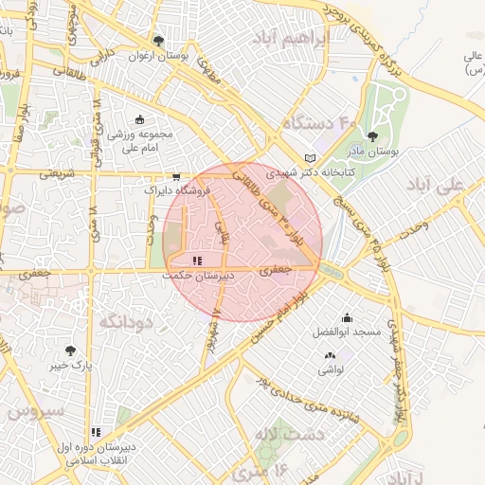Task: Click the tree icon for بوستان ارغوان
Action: tap(158, 41)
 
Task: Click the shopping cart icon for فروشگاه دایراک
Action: tap(176, 176)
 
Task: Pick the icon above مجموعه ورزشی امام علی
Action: tap(140, 119)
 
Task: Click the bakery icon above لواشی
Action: tap(330, 355)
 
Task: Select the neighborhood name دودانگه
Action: tap(126, 322)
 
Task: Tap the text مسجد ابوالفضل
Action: tap(347, 333)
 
